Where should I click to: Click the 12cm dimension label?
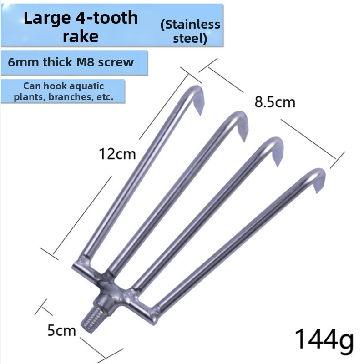[118, 154]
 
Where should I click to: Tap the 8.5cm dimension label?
[275, 102]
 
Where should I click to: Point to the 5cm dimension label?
[62, 330]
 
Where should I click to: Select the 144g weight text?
[324, 339]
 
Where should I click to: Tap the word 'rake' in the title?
[81, 36]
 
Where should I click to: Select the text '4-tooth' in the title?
[107, 18]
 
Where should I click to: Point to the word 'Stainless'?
[190, 25]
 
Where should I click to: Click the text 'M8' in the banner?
[91, 62]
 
